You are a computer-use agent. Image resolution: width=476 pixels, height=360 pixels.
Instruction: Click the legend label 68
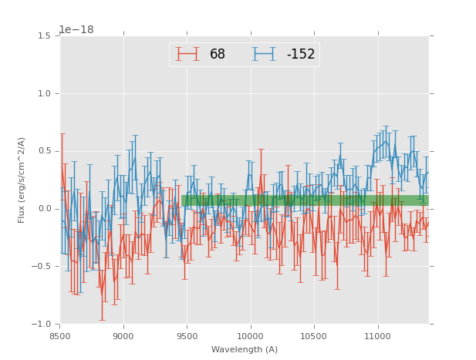pos(218,54)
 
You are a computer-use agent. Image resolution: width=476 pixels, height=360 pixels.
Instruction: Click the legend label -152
pos(301,54)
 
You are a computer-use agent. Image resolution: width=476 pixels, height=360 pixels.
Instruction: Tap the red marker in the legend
pos(187,54)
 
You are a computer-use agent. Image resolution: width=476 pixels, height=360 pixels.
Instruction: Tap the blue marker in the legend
pos(264,54)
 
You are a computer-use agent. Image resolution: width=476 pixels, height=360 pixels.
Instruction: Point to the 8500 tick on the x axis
pos(60,335)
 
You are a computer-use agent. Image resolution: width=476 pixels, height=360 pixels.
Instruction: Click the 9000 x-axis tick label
pos(123,335)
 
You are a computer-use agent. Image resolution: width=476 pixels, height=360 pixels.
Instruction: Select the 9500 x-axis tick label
pos(187,335)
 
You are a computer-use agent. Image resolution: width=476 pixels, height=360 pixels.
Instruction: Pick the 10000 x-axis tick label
pos(250,335)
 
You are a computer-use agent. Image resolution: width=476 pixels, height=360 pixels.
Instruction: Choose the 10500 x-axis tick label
pos(313,335)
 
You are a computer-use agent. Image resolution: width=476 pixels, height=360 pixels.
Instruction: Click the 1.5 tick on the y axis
pos(44,35)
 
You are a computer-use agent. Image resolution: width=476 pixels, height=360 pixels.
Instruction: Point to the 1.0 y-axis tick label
pos(44,93)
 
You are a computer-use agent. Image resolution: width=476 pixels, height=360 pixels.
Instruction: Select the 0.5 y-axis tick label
pos(44,151)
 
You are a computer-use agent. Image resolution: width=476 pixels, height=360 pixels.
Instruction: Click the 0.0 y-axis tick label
pos(44,209)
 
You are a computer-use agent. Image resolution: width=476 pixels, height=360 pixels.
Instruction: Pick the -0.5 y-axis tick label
pos(42,267)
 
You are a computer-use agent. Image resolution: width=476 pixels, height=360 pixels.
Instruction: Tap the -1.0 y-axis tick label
pos(42,325)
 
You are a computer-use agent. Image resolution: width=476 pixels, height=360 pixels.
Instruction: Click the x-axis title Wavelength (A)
pos(245,349)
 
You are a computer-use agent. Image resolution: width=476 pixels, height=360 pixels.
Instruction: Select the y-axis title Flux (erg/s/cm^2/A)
pos(22,180)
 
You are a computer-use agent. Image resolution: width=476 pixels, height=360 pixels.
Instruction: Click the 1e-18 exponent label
pos(76,30)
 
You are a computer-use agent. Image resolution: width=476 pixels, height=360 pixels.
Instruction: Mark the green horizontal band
pos(305,200)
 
